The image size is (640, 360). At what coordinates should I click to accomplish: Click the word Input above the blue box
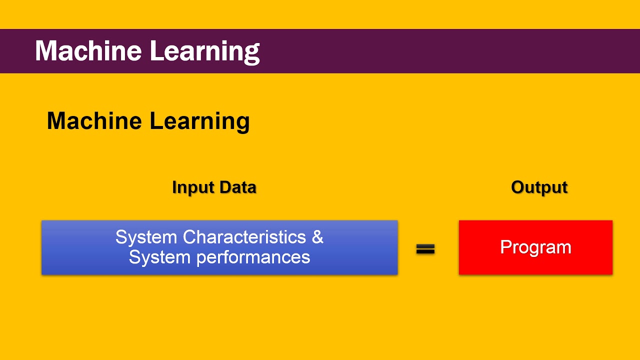click(x=191, y=187)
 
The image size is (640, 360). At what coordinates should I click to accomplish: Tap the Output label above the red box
click(x=539, y=187)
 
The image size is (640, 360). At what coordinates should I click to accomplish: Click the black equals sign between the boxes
click(x=425, y=249)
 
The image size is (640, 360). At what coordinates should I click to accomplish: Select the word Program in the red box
click(x=535, y=247)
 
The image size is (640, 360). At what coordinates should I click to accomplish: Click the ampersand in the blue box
click(x=317, y=236)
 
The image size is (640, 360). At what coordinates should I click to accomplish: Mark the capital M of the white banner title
click(x=46, y=51)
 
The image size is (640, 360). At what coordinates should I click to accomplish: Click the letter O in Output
click(x=518, y=187)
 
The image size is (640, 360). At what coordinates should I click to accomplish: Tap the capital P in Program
click(x=505, y=247)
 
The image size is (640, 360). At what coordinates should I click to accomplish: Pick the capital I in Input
click(x=174, y=187)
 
